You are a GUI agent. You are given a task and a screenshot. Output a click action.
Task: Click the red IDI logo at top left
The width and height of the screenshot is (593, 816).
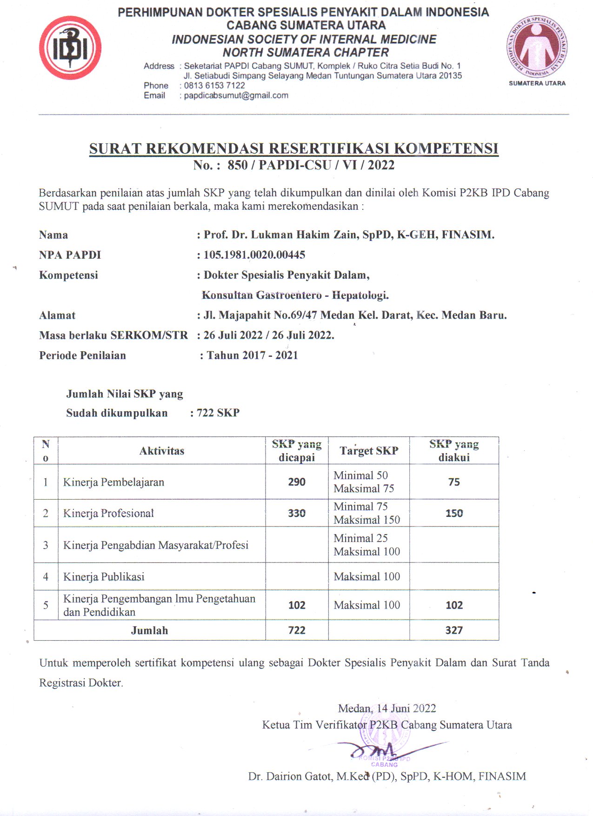point(70,48)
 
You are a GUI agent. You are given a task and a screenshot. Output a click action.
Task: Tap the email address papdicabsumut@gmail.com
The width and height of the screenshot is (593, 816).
point(236,95)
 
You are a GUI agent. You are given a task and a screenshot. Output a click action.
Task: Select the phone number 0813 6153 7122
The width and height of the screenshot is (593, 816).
point(214,86)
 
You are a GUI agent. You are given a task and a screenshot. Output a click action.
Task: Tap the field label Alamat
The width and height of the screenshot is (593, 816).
point(57,315)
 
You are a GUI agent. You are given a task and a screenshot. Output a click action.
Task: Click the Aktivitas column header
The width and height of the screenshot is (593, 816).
point(162,451)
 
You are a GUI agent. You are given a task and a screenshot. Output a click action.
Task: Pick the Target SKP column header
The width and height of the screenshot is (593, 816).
point(369,451)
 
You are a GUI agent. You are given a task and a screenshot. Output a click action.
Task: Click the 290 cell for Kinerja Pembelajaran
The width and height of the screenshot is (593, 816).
point(297,482)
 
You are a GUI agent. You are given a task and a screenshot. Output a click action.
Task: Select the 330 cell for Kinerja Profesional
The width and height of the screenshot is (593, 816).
point(297,513)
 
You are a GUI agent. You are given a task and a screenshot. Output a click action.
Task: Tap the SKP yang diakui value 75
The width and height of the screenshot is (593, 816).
point(454,482)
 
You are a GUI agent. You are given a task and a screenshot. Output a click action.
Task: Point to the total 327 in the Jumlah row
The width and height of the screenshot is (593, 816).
point(454,630)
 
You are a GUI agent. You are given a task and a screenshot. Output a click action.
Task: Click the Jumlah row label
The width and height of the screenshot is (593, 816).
point(149,630)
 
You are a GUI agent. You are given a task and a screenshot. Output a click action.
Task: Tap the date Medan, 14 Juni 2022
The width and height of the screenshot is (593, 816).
point(387,709)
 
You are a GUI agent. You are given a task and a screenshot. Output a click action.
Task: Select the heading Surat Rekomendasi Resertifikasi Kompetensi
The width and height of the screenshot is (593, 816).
point(293,148)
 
